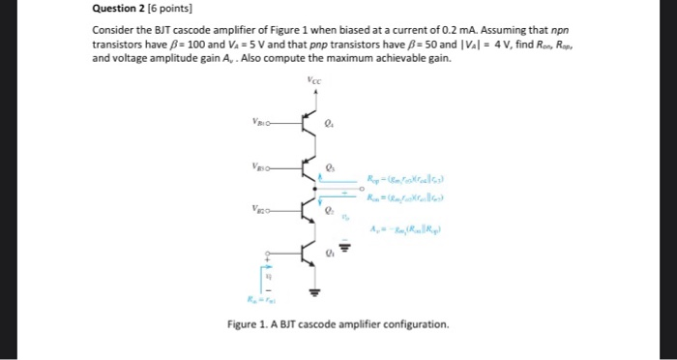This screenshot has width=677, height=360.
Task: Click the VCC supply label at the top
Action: (x=311, y=80)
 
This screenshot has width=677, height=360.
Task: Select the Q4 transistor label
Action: (x=331, y=123)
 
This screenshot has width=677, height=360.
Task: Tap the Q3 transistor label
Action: (x=331, y=165)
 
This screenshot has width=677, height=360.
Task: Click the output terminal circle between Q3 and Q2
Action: (x=360, y=188)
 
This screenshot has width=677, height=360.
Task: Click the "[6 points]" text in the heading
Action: (x=170, y=10)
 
